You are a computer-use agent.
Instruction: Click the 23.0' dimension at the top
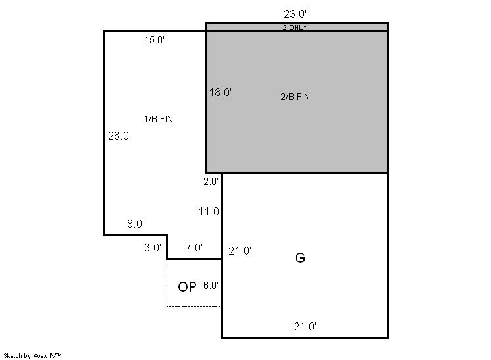point(295,14)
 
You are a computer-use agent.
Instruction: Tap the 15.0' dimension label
point(155,40)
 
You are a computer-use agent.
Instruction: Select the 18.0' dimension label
point(220,92)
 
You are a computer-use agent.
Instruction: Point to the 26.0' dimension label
point(119,136)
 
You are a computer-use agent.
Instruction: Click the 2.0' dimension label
point(211,182)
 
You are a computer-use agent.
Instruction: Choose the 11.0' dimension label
point(210,212)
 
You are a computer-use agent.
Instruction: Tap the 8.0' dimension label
point(136,224)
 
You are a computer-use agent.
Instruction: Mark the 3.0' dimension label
point(153,247)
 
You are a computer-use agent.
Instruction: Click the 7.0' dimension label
point(194,247)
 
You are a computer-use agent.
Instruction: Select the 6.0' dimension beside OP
point(211,286)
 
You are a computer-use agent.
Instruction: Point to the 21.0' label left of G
point(240,251)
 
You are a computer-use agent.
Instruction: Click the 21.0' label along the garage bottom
point(305,327)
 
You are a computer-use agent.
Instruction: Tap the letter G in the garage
point(300,257)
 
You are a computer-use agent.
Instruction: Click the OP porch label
point(187,287)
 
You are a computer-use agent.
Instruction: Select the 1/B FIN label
point(159,119)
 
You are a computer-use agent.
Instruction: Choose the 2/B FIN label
point(296,97)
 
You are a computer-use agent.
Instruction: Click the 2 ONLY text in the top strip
point(295,28)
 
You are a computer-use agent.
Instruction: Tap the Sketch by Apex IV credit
point(32,356)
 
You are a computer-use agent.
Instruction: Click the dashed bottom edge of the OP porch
point(194,306)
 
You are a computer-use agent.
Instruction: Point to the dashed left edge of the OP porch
point(167,283)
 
